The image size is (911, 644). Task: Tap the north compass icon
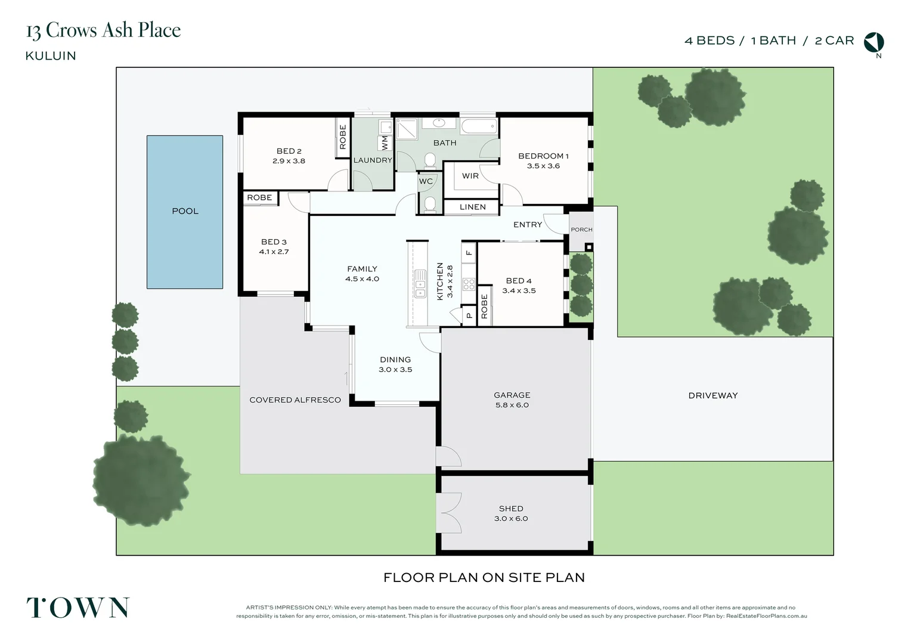point(874,42)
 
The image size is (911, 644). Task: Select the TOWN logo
point(78,608)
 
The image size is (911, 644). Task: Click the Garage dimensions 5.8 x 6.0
point(512,405)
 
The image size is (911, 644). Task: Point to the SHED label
point(511,509)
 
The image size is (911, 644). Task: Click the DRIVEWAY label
point(712,395)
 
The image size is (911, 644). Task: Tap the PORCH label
point(581,230)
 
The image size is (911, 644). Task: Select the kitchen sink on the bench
point(420,283)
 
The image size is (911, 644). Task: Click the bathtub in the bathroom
point(479,126)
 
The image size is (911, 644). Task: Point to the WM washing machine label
point(385,143)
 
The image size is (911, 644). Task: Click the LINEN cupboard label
point(472,207)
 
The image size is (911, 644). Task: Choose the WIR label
point(470,176)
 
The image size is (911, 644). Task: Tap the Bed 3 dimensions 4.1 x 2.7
point(274,252)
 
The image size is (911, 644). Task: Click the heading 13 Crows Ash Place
point(103,30)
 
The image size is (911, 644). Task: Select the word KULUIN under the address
point(51,56)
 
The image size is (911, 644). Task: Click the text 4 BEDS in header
point(709,41)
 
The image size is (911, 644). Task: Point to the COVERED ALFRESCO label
point(295,400)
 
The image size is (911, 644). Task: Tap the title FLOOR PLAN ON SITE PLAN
point(484,577)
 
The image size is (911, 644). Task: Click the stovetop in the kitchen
point(469,284)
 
